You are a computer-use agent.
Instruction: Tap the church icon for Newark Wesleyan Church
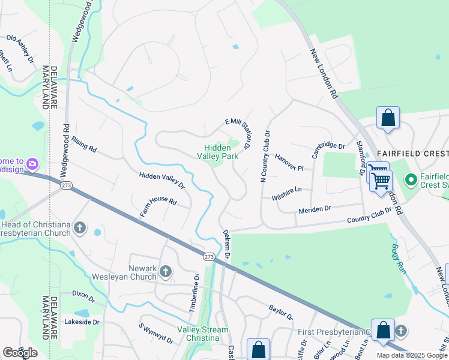coord(166,272)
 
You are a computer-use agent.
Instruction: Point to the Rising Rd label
coord(83,146)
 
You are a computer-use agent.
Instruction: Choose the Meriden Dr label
coord(315,209)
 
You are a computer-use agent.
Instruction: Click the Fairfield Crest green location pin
coord(411,179)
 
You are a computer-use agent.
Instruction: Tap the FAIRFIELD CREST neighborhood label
coord(412,153)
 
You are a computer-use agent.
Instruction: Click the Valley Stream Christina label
coord(202,334)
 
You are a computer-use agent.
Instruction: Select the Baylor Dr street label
coord(280,311)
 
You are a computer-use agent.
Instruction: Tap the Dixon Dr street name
coord(83,296)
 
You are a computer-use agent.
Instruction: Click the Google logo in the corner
coord(20,353)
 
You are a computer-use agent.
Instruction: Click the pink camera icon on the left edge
coord(32,163)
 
